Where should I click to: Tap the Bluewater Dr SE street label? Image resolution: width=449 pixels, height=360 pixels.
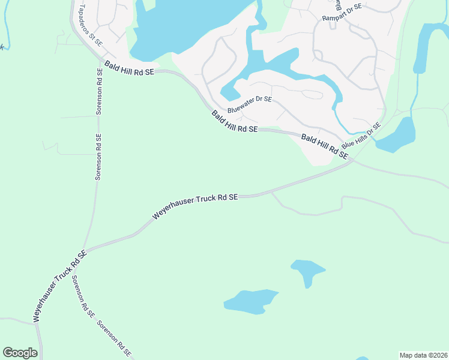[250, 105]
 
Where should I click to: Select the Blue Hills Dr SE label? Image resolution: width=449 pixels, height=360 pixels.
[361, 137]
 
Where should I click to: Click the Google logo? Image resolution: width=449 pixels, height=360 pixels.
[20, 353]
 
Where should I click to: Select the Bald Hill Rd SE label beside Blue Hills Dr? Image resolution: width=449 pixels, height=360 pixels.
[325, 146]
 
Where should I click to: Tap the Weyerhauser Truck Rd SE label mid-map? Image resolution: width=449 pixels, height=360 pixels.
[195, 205]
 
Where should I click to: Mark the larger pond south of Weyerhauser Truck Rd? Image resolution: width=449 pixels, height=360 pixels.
[250, 301]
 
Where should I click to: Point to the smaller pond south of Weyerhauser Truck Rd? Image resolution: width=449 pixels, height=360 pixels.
[307, 271]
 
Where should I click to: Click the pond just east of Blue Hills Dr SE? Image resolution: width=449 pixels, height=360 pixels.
[397, 136]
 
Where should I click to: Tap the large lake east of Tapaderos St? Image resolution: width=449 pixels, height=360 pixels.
[186, 27]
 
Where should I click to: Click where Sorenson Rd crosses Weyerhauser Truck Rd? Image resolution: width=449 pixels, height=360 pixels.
[85, 250]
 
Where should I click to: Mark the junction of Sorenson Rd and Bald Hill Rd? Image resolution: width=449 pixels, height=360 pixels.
[100, 59]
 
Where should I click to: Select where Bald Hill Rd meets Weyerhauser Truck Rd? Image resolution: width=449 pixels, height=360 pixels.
[353, 160]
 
